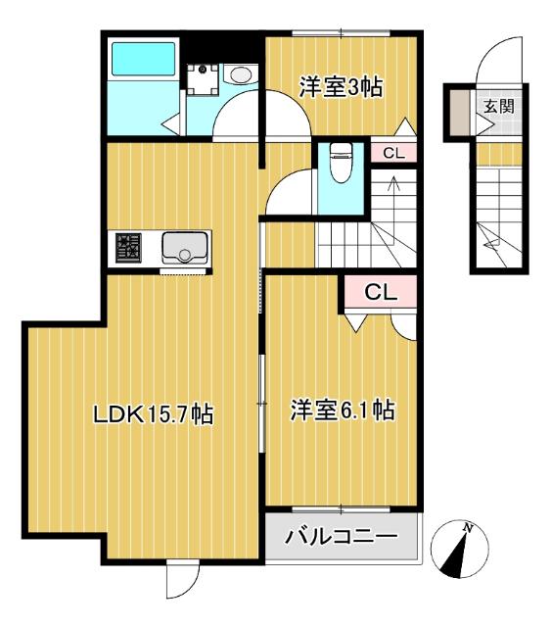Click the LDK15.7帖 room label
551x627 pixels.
pos(153,414)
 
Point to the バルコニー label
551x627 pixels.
pos(342,537)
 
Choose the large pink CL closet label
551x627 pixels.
pos(380,291)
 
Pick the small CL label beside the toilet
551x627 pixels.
pos(393,152)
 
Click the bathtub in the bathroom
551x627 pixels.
pos(141,60)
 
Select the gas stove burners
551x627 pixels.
pos(128,247)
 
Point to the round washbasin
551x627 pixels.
pos(238,74)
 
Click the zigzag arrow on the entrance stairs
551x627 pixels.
pos(490,236)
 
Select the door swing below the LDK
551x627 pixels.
pos(182,581)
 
